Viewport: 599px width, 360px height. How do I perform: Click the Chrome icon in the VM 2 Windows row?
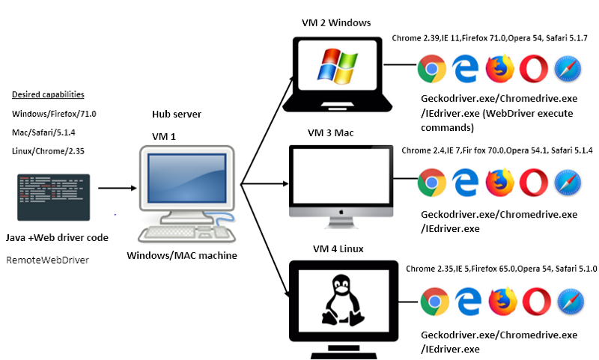[430, 69]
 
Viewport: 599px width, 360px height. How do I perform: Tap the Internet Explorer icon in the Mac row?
[464, 182]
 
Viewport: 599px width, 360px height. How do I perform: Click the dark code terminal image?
[52, 197]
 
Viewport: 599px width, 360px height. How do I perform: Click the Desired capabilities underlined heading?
[48, 95]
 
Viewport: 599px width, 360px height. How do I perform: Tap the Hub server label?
[177, 115]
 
